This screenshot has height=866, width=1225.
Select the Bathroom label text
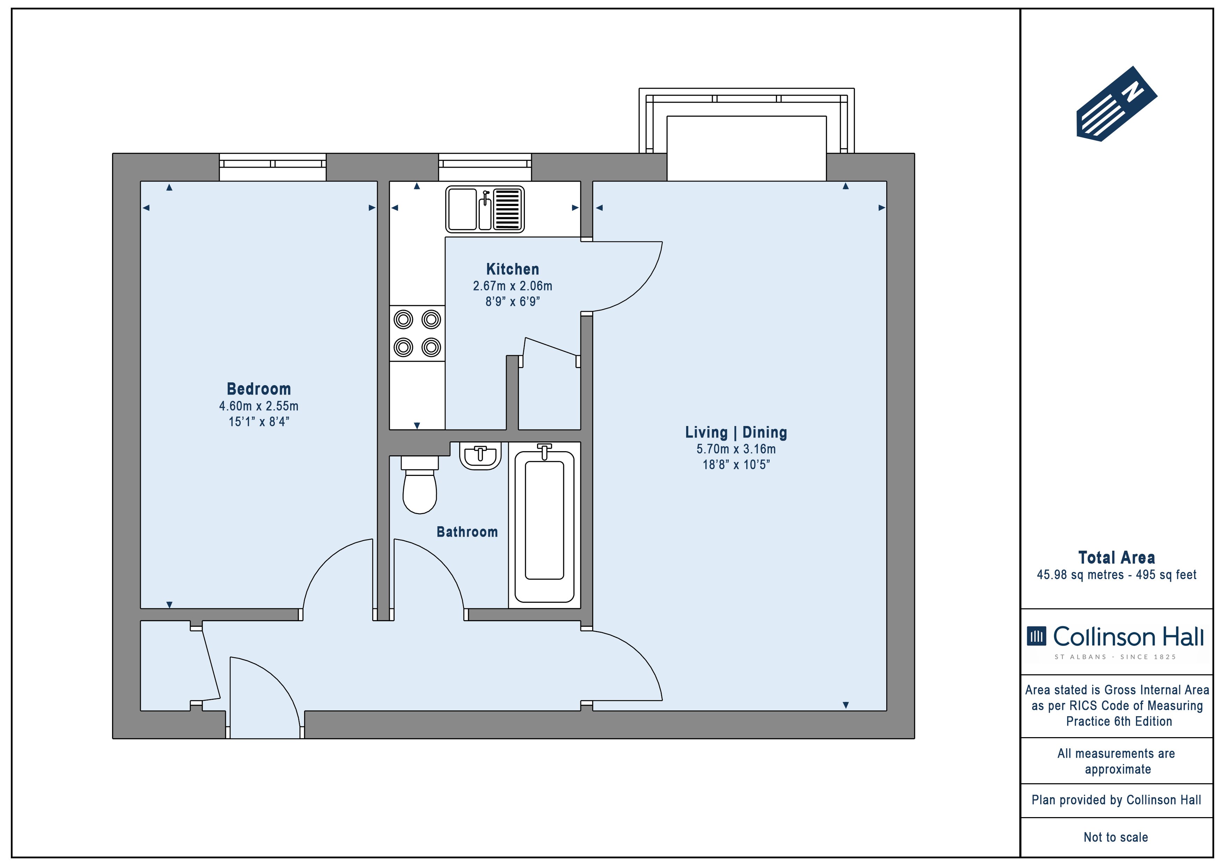coord(467,531)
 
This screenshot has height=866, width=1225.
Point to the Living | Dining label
coord(736,432)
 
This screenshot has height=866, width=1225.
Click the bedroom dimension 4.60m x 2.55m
coord(259,406)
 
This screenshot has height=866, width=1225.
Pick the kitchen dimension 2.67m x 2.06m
coord(512,286)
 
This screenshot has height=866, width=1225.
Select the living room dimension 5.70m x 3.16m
coord(736,449)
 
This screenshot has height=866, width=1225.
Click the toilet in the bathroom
coord(419,484)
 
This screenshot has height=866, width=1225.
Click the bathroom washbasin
coord(480,456)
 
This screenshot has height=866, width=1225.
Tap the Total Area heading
coord(1116,558)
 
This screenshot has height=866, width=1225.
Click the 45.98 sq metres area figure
coord(1079,575)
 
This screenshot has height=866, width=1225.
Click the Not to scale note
coord(1116,837)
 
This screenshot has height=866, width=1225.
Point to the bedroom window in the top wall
coord(273,167)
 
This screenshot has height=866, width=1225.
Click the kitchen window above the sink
coord(485,167)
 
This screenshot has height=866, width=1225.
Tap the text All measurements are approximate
coord(1117,762)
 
